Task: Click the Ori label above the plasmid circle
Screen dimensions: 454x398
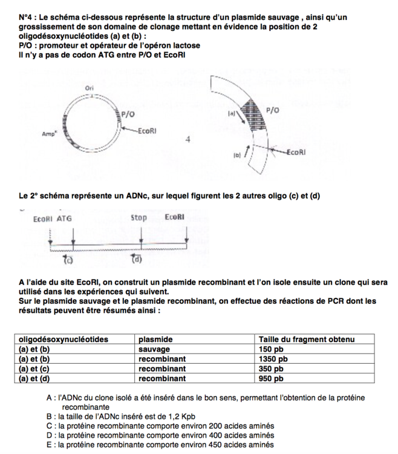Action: (90, 88)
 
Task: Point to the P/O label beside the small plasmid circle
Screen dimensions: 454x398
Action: (128, 113)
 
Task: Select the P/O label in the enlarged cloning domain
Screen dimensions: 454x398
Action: (273, 110)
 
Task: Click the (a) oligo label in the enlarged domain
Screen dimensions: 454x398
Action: (231, 113)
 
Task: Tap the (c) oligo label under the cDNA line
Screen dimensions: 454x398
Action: (69, 260)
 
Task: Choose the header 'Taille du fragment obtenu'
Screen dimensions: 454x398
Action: (306, 340)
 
